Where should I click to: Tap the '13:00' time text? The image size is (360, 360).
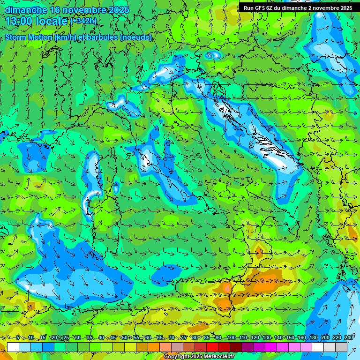tap(20, 21)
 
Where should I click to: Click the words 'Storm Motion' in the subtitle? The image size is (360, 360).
tap(29, 37)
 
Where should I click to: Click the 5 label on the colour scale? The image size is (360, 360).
tap(17, 338)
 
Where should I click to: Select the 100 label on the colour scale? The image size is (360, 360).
tap(231, 338)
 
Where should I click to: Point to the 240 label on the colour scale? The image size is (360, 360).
tap(348, 338)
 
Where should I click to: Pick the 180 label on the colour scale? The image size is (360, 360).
tap(313, 338)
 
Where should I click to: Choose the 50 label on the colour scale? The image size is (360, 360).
tap(125, 338)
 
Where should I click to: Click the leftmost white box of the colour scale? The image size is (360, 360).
tap(13, 347)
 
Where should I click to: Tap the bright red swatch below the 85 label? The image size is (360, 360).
tap(212, 347)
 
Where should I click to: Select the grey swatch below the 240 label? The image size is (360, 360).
tap(341, 347)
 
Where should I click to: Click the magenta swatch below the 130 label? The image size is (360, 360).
tap(271, 347)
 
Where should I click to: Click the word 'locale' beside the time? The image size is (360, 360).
tap(52, 21)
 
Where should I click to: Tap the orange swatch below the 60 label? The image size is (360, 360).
tap(142, 347)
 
